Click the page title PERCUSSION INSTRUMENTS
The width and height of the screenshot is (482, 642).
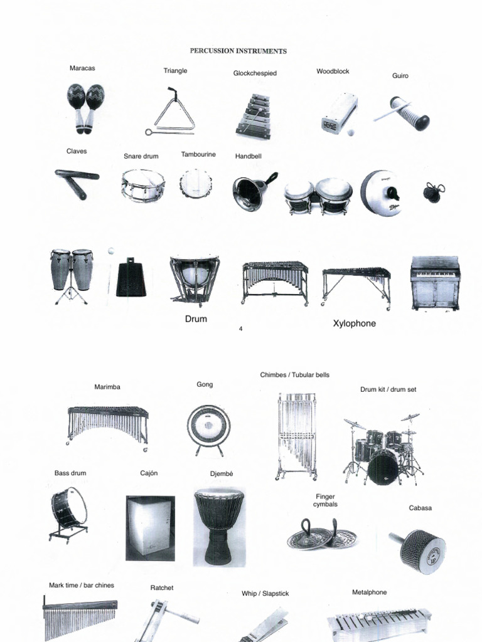[238, 51]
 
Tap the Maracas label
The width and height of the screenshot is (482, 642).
[82, 68]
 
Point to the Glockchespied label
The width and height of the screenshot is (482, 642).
[255, 73]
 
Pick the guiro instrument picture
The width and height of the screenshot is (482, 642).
[405, 113]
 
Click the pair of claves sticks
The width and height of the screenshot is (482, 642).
[77, 182]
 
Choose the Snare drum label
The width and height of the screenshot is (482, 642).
[141, 156]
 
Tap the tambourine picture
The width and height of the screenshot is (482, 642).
[196, 184]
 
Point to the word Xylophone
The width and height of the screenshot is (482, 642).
[355, 324]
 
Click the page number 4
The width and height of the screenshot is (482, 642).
[241, 329]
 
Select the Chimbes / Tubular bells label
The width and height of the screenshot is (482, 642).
[294, 375]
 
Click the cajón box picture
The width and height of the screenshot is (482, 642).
[150, 527]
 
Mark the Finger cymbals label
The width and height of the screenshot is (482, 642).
[326, 500]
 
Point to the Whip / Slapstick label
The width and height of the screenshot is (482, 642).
[265, 593]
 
